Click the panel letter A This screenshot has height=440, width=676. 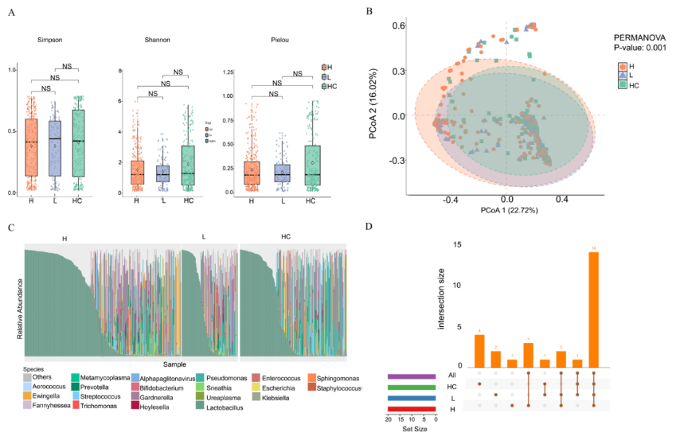[x=11, y=13]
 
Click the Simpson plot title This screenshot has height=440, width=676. [x=53, y=40]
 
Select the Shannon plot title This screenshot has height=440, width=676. [x=158, y=40]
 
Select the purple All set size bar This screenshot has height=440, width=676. [x=411, y=376]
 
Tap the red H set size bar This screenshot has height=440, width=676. [x=411, y=408]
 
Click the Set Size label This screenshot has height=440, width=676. [x=411, y=433]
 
